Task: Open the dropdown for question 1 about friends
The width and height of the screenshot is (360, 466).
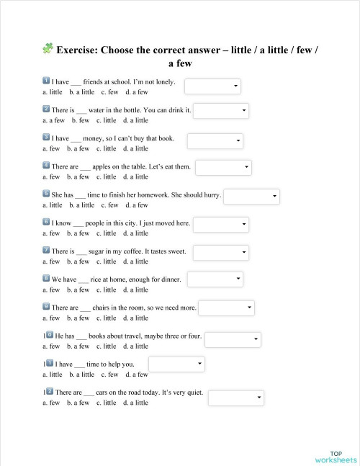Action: (x=213, y=86)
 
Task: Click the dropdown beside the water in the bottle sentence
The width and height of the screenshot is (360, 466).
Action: (x=221, y=111)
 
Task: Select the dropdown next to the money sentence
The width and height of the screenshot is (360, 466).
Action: (x=215, y=140)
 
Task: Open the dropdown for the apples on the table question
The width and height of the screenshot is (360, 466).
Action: (x=223, y=168)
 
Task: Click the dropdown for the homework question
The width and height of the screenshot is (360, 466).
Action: (x=251, y=197)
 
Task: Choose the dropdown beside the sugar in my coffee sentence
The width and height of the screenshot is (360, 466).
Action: (x=221, y=253)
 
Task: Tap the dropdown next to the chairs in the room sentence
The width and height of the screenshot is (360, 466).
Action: (x=226, y=308)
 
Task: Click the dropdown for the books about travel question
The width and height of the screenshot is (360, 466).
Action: (x=233, y=339)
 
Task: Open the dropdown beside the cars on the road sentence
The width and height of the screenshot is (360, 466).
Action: (x=236, y=398)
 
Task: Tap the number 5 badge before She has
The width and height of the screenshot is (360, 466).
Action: (x=46, y=194)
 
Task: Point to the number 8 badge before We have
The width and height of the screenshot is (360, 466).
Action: (x=46, y=278)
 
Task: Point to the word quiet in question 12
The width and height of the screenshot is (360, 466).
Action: (x=193, y=393)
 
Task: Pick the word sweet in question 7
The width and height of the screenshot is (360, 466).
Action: (x=175, y=251)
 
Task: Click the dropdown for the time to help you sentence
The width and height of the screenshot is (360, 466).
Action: (x=176, y=365)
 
